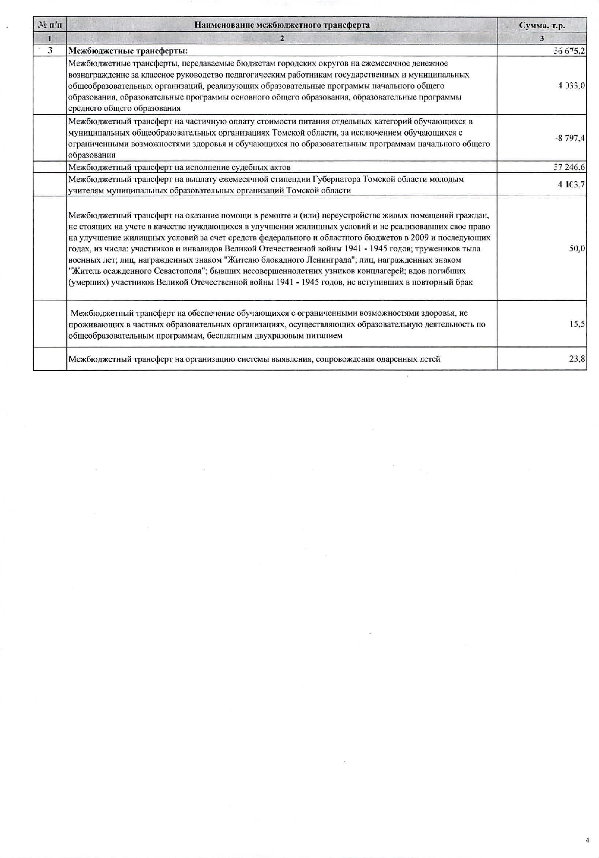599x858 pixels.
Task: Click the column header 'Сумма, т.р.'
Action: pos(541,25)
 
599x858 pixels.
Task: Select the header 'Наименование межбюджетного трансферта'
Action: pos(282,25)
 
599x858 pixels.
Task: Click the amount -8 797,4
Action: pos(570,138)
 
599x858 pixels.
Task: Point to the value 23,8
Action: pos(577,359)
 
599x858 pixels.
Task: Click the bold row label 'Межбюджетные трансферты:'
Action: pos(128,51)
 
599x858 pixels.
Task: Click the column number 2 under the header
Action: pos(282,38)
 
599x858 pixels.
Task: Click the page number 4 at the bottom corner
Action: pos(587,840)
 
